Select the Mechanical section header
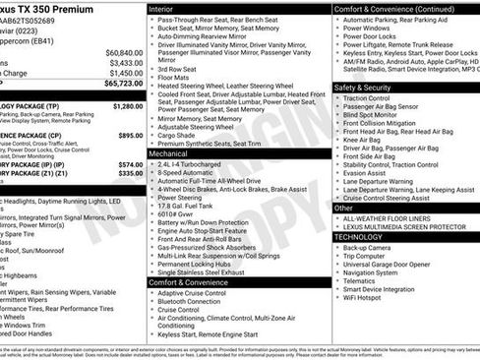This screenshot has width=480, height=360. pyautogui.click(x=169, y=153)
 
